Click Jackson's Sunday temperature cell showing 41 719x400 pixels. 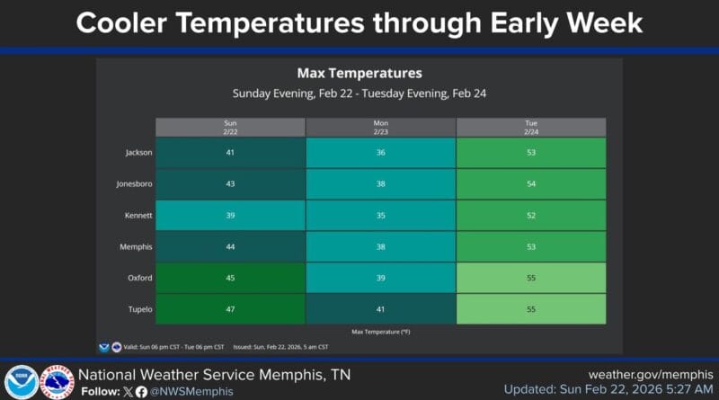point(230,153)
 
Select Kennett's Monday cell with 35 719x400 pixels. point(381,216)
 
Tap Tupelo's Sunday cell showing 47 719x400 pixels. point(230,308)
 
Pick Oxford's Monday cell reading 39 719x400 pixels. point(381,278)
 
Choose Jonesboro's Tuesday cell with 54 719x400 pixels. point(531,184)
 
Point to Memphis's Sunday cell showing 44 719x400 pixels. point(230,246)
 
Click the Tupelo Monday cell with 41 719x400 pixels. point(381,308)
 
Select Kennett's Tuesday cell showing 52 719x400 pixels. point(531,216)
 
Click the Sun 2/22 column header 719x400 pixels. point(230,127)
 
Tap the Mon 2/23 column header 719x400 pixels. point(381,127)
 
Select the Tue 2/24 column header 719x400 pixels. point(531,127)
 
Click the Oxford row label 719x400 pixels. point(138,278)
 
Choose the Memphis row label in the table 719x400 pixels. point(136,246)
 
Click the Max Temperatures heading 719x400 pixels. point(359,73)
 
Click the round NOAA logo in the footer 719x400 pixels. point(20,381)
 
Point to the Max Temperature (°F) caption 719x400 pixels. point(381,332)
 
